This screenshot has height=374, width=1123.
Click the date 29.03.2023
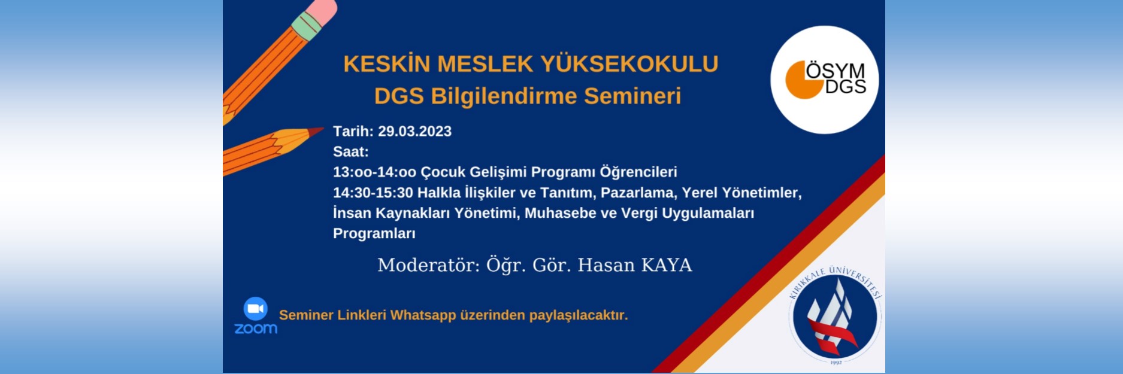point(414,132)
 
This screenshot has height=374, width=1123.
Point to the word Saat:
point(351,152)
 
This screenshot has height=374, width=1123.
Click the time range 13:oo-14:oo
point(374,172)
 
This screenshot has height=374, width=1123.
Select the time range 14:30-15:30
point(373,193)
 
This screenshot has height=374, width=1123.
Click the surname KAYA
point(667,265)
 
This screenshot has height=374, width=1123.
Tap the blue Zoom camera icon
point(256,309)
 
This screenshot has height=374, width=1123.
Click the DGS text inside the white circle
point(845,87)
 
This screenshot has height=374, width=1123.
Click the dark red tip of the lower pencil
point(316,131)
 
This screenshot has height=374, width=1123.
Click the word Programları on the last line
point(374,234)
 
